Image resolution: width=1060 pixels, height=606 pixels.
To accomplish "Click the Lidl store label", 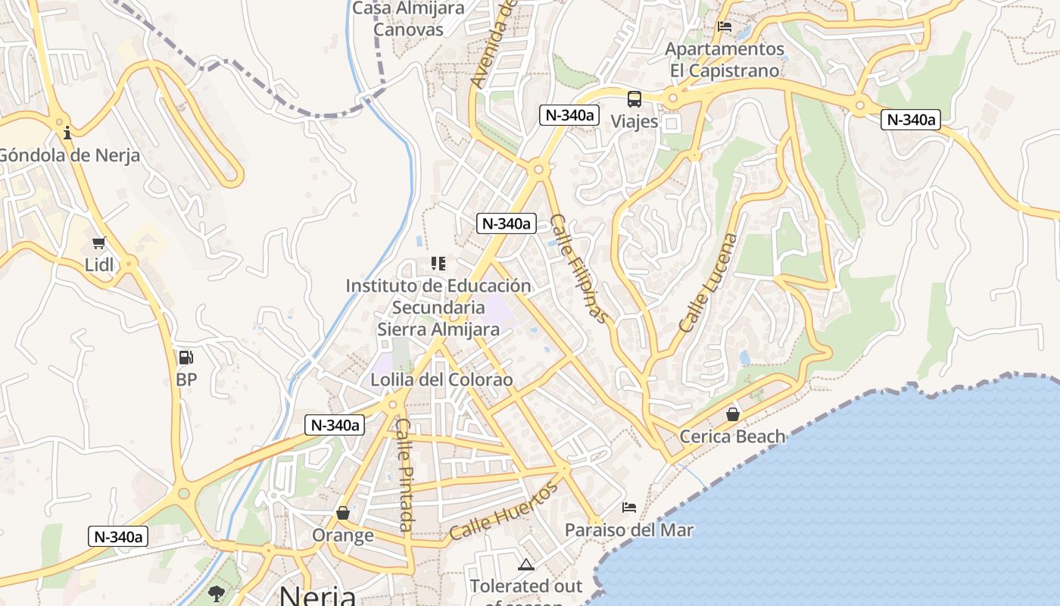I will pyautogui.click(x=99, y=264).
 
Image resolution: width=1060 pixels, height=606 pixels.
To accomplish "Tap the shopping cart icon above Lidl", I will pyautogui.click(x=98, y=243).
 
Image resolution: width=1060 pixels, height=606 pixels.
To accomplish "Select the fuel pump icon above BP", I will pyautogui.click(x=185, y=358).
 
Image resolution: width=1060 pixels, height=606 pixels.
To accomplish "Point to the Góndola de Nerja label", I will pyautogui.click(x=69, y=155).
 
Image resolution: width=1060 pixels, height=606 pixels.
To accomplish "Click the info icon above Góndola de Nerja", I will pyautogui.click(x=67, y=133).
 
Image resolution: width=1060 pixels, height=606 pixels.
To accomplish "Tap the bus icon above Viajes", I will pyautogui.click(x=634, y=99).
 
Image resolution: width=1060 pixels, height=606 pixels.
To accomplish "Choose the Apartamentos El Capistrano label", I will pyautogui.click(x=724, y=60).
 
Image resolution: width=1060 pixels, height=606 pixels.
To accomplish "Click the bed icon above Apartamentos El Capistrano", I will pyautogui.click(x=725, y=27).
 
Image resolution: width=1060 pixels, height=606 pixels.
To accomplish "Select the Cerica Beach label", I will pyautogui.click(x=732, y=436).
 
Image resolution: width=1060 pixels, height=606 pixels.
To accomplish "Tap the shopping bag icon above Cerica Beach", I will pyautogui.click(x=732, y=414).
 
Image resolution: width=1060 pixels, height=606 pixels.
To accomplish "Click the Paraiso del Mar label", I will pyautogui.click(x=628, y=529).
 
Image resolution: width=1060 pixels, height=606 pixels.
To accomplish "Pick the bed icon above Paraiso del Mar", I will pyautogui.click(x=628, y=507).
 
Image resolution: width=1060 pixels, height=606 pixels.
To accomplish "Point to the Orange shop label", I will pyautogui.click(x=343, y=535).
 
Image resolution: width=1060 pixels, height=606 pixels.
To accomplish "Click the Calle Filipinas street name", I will pyautogui.click(x=579, y=269).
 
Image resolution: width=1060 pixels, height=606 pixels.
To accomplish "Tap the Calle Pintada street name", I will pyautogui.click(x=404, y=475).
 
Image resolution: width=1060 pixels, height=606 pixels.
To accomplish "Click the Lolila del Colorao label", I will pyautogui.click(x=441, y=380).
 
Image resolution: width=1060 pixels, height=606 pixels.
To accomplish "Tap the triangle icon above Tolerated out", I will pyautogui.click(x=525, y=564).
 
